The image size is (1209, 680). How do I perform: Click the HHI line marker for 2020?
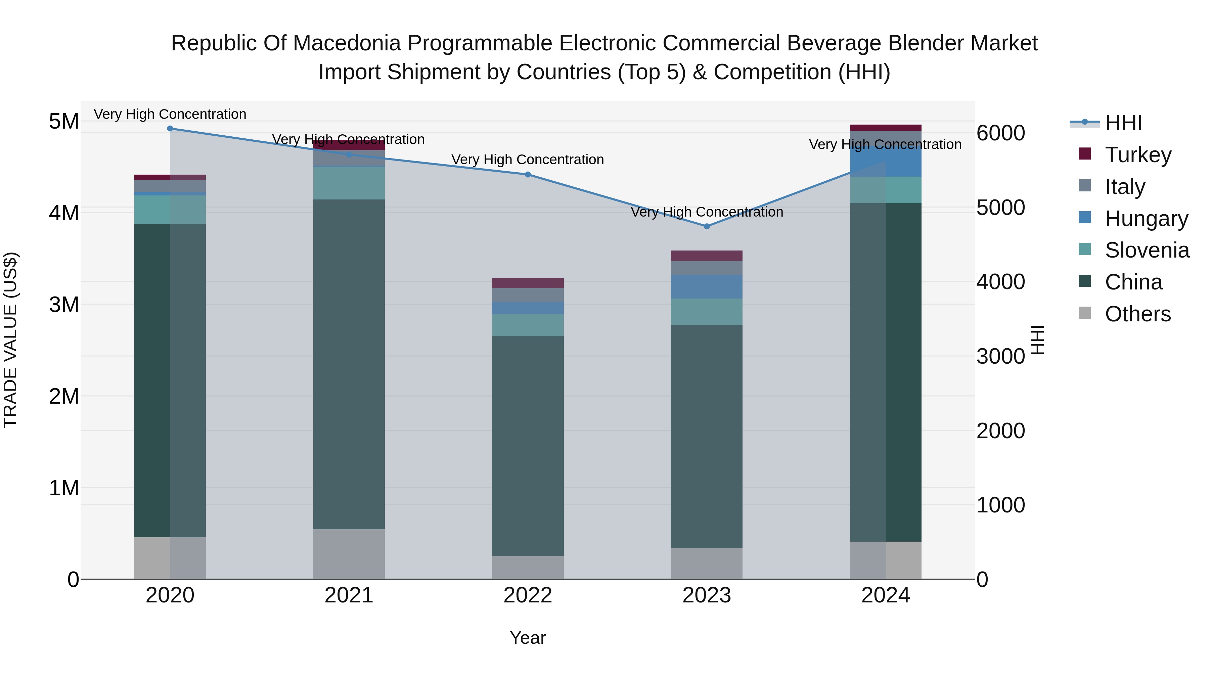point(170,129)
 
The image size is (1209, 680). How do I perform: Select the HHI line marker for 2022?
point(528,175)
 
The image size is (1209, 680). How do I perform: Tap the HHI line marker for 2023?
point(707,226)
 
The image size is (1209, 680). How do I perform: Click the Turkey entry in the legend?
point(1138,154)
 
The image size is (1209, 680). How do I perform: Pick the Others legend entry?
point(1138,314)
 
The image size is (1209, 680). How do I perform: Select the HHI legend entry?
point(1123,123)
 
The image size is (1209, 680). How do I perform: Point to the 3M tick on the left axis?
point(64,305)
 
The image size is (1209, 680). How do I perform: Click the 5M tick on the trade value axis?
point(64,122)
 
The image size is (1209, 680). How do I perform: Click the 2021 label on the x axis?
point(349,595)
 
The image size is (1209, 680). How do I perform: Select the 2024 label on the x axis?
point(885,595)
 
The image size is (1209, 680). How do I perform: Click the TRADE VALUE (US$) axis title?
point(10,340)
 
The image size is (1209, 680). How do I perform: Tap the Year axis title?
point(528,638)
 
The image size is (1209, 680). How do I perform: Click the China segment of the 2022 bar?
point(528,446)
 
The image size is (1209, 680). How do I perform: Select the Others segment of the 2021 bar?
point(349,554)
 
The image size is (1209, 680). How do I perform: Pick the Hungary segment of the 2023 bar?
point(707,287)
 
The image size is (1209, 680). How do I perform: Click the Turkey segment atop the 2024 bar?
point(885,128)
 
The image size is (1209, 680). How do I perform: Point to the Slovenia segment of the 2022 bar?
point(528,325)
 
